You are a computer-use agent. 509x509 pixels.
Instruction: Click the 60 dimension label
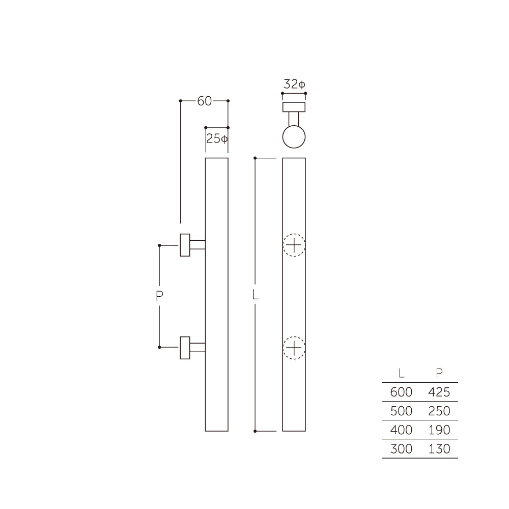(204, 101)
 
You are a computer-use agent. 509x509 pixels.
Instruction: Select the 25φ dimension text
(216, 138)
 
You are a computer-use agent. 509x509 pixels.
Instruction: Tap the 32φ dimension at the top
(294, 84)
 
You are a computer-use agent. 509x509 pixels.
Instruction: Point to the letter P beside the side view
(159, 296)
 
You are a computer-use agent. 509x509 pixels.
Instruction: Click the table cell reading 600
(401, 392)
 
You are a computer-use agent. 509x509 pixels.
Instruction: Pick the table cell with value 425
(439, 392)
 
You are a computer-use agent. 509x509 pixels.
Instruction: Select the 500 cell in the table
(401, 411)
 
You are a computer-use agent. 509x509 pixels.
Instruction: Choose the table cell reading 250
(439, 411)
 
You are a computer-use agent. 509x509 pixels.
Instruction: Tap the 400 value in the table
(401, 430)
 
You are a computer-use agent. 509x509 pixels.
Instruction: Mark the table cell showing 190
(439, 430)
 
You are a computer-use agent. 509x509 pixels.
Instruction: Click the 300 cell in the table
(401, 449)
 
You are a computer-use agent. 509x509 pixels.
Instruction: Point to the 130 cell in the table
(439, 449)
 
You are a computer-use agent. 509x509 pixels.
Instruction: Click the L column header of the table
(402, 373)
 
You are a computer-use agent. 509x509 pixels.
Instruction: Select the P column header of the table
(439, 373)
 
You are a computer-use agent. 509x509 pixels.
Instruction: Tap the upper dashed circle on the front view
(294, 245)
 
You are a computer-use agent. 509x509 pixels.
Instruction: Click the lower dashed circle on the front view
(294, 348)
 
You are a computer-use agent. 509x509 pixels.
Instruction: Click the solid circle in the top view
(294, 137)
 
